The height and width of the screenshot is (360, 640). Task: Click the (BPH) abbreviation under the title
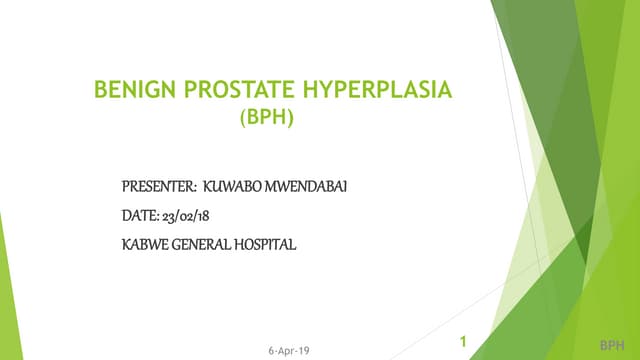268,119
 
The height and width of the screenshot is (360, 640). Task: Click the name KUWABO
230,186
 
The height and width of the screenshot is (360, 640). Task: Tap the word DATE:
139,214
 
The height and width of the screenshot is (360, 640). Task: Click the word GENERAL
201,243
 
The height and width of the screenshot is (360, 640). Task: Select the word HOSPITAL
266,243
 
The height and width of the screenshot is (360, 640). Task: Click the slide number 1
463,342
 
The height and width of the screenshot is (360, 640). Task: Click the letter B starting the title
99,92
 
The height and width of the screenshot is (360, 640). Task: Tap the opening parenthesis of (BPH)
245,119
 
